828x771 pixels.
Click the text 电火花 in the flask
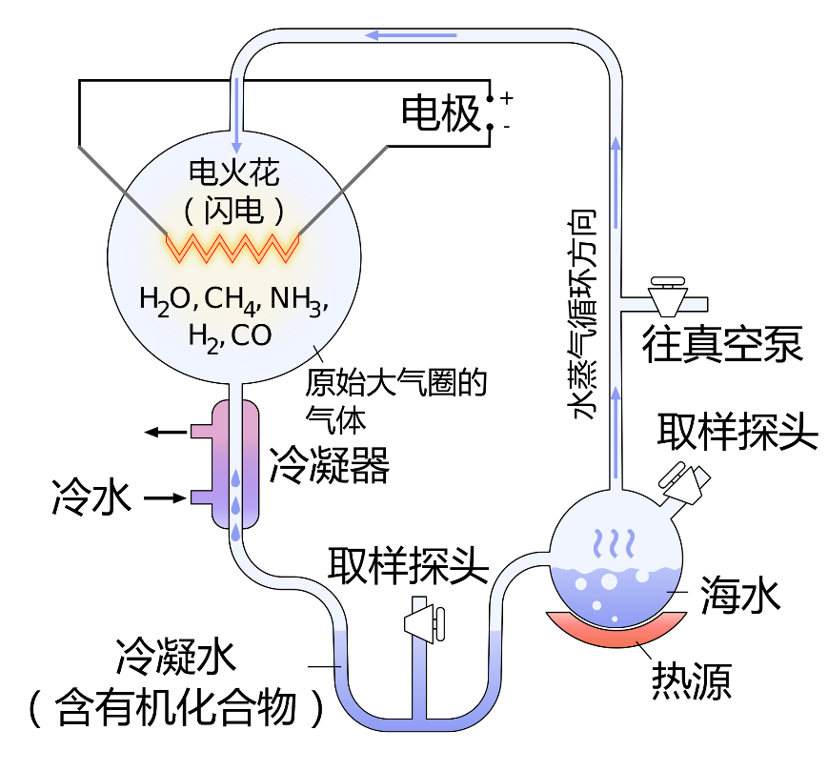(234, 172)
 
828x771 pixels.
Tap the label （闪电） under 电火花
(234, 212)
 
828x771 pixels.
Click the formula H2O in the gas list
(166, 299)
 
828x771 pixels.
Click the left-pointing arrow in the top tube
(411, 36)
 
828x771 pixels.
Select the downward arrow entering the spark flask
(236, 114)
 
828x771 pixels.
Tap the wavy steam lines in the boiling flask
(616, 543)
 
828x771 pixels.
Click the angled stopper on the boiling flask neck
(686, 482)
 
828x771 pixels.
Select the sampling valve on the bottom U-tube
(423, 623)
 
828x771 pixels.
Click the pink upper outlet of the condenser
(202, 431)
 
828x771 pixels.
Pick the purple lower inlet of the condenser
(202, 497)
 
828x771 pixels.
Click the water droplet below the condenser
(235, 535)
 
